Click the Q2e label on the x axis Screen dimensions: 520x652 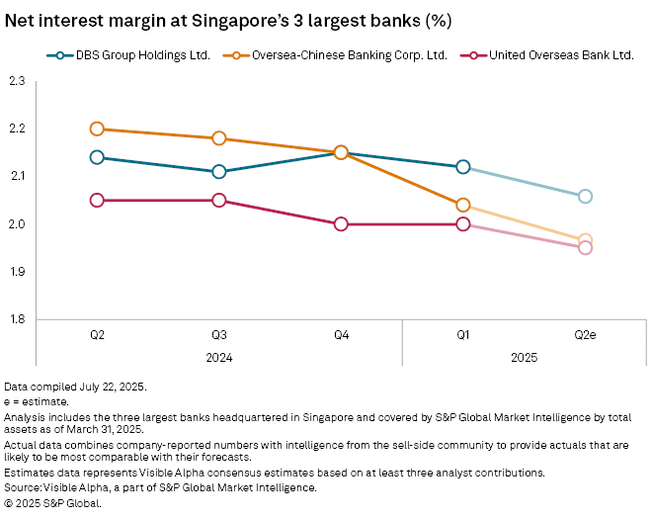coord(585,336)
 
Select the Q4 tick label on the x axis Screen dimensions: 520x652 coord(341,336)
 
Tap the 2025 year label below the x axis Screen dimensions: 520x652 coord(524,357)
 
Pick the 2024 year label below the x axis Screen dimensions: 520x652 coord(218,357)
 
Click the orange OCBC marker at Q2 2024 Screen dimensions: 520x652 coord(97,129)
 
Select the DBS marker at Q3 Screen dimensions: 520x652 coord(218,172)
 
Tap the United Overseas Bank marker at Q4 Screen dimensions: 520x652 coord(341,223)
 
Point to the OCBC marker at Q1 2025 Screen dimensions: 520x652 coord(462,206)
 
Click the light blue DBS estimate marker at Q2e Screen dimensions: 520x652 coord(585,196)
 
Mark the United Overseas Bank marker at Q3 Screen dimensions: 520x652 coord(218,201)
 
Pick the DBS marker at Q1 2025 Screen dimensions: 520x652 coord(462,167)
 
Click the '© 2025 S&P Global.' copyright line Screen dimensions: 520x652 coord(53,502)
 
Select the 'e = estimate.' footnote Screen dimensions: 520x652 coord(37,401)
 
